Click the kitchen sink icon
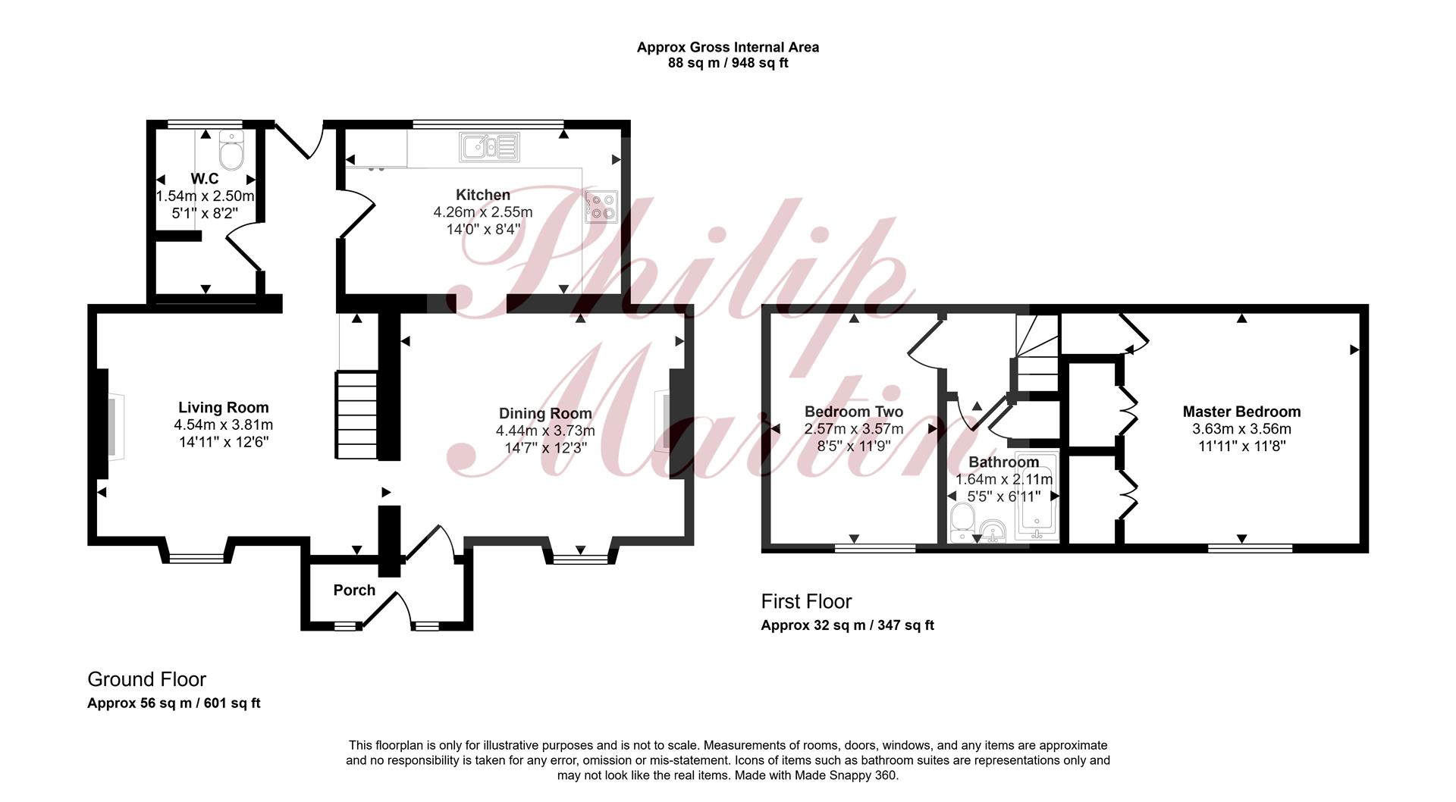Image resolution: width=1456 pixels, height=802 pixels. [490, 147]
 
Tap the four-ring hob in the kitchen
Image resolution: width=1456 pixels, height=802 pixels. [601, 207]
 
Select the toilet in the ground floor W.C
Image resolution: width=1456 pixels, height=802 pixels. [231, 150]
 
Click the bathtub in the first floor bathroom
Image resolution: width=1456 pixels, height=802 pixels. [1037, 498]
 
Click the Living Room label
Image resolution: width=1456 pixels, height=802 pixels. [224, 408]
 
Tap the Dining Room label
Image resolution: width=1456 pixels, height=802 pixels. [545, 413]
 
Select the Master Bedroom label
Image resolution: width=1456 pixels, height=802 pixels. [1241, 412]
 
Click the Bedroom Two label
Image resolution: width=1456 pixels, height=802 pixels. [854, 412]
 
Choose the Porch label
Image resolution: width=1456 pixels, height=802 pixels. [354, 590]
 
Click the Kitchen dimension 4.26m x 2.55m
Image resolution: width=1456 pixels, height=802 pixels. [483, 211]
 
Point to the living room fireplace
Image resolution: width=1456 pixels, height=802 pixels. [110, 426]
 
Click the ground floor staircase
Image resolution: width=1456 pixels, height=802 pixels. [356, 415]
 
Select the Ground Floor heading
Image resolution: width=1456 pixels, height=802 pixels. [146, 679]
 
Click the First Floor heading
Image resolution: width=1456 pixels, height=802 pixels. [806, 601]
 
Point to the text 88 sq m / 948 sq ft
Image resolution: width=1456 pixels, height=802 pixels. [728, 63]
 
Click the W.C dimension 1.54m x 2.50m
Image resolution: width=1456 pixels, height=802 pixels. [205, 196]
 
